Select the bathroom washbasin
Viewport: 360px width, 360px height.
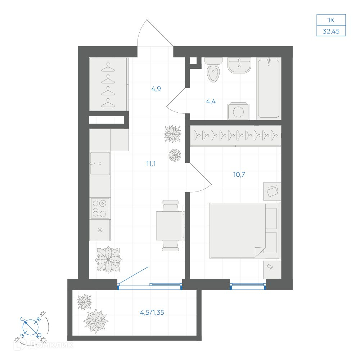click(x=239, y=65)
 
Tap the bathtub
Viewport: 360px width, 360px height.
click(x=269, y=89)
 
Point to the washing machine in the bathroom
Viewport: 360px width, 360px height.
click(x=238, y=111)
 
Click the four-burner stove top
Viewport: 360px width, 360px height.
click(x=100, y=208)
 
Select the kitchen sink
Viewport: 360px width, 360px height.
click(x=100, y=163)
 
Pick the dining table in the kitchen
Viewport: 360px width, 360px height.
click(x=170, y=226)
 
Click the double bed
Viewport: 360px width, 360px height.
click(x=245, y=230)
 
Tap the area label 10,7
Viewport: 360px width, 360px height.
click(x=239, y=175)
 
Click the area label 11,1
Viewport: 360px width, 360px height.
click(x=151, y=164)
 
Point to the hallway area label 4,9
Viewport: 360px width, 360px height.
click(x=156, y=89)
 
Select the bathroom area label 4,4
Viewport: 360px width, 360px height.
click(x=211, y=101)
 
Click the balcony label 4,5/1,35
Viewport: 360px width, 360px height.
click(x=152, y=312)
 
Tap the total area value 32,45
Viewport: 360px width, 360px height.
click(x=331, y=31)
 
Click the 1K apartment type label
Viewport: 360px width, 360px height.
click(x=331, y=20)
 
